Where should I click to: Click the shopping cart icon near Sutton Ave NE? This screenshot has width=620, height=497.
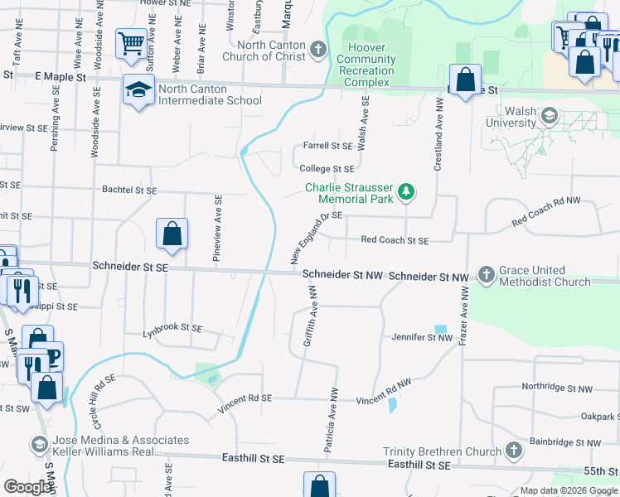click(x=132, y=43)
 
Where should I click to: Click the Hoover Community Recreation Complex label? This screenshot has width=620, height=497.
click(x=366, y=60)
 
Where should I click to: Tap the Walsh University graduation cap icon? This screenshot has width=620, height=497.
click(x=547, y=117)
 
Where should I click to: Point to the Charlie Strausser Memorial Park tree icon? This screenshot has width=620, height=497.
click(x=406, y=193)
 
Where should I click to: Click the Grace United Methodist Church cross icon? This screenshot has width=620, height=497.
click(x=486, y=276)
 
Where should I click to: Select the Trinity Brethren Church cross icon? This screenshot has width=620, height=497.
click(x=513, y=451)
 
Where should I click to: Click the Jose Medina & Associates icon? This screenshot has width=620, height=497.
click(x=39, y=446)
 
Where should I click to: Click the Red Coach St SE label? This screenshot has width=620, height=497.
click(x=395, y=240)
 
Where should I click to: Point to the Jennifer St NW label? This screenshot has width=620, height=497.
click(x=422, y=337)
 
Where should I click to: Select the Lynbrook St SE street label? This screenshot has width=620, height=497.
click(x=172, y=328)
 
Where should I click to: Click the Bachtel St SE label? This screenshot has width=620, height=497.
click(x=128, y=191)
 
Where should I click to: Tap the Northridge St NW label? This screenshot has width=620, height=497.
click(x=557, y=388)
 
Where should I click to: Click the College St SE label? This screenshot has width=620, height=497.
click(x=327, y=168)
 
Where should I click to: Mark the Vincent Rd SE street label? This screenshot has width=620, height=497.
click(x=245, y=403)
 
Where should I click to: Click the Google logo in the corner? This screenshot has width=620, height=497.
click(x=27, y=487)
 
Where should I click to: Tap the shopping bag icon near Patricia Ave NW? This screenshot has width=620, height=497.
click(x=319, y=485)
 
